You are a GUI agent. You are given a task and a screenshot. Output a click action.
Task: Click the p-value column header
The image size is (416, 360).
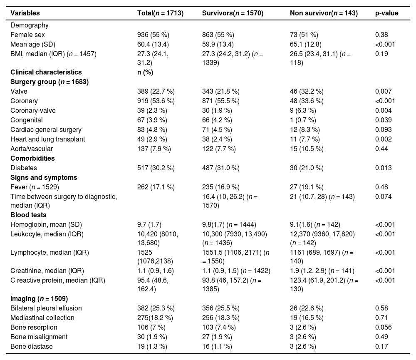pyautogui.click(x=386, y=13)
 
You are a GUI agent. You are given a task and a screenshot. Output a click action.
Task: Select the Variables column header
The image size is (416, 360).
pyautogui.click(x=25, y=13)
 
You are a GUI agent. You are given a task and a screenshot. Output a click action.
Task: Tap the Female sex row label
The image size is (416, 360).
pyautogui.click(x=27, y=35)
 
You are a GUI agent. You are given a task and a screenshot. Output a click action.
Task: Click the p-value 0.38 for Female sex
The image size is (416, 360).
pyautogui.click(x=381, y=35)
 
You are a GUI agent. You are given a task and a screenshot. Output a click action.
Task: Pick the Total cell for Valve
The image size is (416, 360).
pyautogui.click(x=156, y=91)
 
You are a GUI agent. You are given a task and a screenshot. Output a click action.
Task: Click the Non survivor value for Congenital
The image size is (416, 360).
pyautogui.click(x=303, y=120)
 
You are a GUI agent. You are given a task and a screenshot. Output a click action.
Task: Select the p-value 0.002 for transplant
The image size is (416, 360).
pyautogui.click(x=383, y=139)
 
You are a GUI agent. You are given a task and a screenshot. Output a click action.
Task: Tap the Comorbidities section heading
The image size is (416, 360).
pyautogui.click(x=32, y=158)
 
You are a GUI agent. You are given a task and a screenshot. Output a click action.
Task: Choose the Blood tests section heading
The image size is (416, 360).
pyautogui.click(x=28, y=215)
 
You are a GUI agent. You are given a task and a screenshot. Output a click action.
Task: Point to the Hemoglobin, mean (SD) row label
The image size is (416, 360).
pyautogui.click(x=46, y=225)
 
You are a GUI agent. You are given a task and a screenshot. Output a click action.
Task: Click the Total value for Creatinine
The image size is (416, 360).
pyautogui.click(x=156, y=271)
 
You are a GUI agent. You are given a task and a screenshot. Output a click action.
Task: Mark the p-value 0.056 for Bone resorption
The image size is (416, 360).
pyautogui.click(x=383, y=328)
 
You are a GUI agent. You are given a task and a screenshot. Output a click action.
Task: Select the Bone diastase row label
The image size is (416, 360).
pyautogui.click(x=32, y=346)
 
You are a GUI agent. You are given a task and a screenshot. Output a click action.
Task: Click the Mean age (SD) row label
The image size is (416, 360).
pyautogui.click(x=33, y=45)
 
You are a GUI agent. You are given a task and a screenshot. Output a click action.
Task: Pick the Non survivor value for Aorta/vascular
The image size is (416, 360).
pyautogui.click(x=307, y=149)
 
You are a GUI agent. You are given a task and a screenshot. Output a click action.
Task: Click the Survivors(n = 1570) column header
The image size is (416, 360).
pyautogui.click(x=233, y=13)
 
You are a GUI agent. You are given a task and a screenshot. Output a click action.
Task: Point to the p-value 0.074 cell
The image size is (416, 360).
pyautogui.click(x=383, y=197)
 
